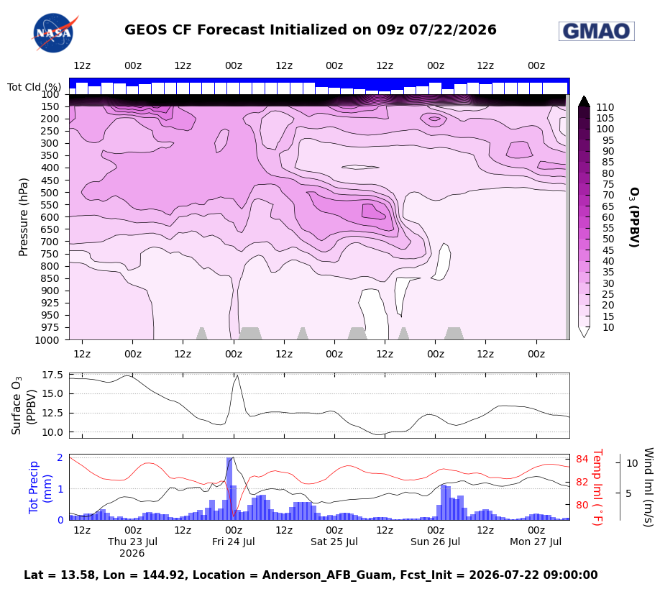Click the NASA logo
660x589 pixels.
click(54, 33)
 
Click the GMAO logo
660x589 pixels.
click(597, 31)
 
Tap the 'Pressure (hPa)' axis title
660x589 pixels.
click(24, 217)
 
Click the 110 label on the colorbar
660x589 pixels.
click(605, 107)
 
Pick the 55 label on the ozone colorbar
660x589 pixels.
click(608, 228)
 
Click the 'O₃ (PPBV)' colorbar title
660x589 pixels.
click(634, 217)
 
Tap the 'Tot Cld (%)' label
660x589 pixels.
click(34, 87)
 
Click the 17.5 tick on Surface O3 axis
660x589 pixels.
click(52, 375)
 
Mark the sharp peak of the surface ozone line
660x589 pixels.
click(238, 375)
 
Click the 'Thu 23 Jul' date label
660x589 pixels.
click(132, 542)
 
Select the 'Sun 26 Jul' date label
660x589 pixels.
click(435, 542)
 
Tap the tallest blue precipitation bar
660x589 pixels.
click(229, 489)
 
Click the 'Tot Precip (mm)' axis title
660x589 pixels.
click(40, 488)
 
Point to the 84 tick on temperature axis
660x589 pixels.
click(582, 459)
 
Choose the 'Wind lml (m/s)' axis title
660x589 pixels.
click(648, 487)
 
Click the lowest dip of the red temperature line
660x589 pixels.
click(234, 516)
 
